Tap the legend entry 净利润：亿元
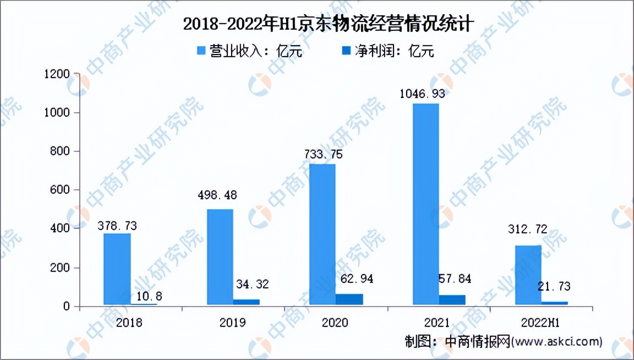(387, 51)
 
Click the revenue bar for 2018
(117, 269)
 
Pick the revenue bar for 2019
(220, 257)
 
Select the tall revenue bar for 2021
(425, 204)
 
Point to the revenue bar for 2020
(322, 234)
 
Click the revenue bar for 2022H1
(528, 275)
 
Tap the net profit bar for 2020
(349, 299)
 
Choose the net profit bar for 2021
(452, 299)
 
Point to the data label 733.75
(323, 154)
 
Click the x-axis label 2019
(232, 322)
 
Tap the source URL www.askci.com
(556, 341)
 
